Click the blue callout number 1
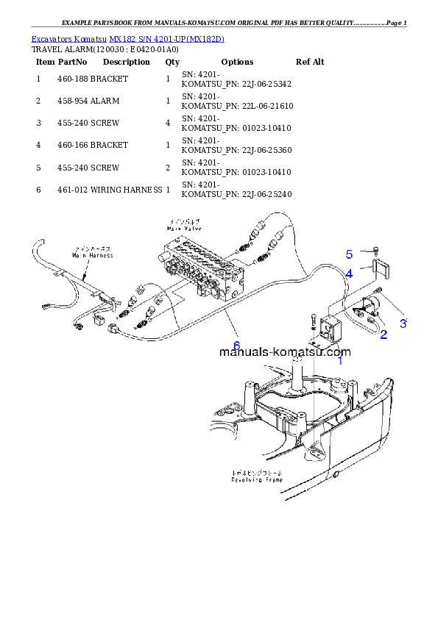click(x=340, y=360)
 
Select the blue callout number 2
click(x=384, y=335)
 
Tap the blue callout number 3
click(x=403, y=322)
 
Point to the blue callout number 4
click(x=349, y=273)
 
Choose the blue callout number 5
click(x=350, y=254)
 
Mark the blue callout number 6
click(x=236, y=345)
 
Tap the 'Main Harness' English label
click(x=92, y=255)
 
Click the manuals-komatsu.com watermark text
click(x=285, y=351)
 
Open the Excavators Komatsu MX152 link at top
click(x=127, y=37)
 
